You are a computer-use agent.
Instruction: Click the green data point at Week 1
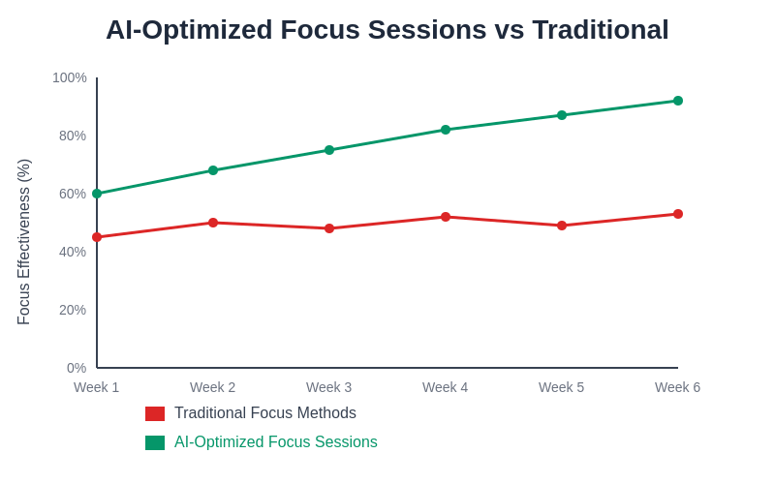pos(97,194)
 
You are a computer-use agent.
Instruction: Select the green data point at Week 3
pos(329,150)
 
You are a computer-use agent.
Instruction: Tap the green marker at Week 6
pos(678,101)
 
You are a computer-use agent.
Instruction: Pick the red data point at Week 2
pos(213,223)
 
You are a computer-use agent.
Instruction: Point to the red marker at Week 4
pos(446,217)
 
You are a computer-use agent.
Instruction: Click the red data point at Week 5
pos(562,226)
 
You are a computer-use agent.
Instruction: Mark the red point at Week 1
pos(97,237)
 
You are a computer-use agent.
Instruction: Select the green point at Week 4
pos(446,130)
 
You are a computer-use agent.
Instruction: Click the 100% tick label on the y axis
pos(70,77)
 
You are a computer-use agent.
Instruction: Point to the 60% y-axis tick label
pos(73,194)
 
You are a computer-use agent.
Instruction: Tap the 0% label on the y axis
pos(77,368)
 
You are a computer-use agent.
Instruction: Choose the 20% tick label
pos(73,310)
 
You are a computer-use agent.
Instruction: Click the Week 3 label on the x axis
pos(329,387)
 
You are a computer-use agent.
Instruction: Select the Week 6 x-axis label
pos(677,387)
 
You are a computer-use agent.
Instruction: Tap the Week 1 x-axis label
pos(97,387)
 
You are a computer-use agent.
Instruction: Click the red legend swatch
pos(155,413)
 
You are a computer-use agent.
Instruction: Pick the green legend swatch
pos(155,442)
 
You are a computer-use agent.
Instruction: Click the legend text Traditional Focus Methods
pos(265,413)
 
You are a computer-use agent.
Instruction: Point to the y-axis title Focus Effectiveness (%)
pos(24,242)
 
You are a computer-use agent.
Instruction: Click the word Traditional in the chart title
pos(601,30)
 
